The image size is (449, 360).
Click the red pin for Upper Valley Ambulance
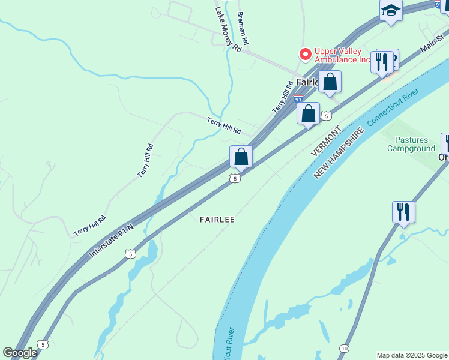(306, 55)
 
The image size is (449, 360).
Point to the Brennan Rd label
(243, 29)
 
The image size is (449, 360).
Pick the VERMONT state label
(326, 142)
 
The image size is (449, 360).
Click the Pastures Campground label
(411, 144)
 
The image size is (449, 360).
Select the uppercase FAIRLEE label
(217, 220)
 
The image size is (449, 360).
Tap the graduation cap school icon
(390, 11)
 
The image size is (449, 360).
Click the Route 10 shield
(344, 348)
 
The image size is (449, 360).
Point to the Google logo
(20, 353)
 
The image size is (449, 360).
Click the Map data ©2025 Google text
(411, 355)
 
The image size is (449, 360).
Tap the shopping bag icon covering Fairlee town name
(330, 82)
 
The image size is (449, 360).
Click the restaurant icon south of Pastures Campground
(403, 212)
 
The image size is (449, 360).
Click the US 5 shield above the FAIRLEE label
(235, 178)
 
